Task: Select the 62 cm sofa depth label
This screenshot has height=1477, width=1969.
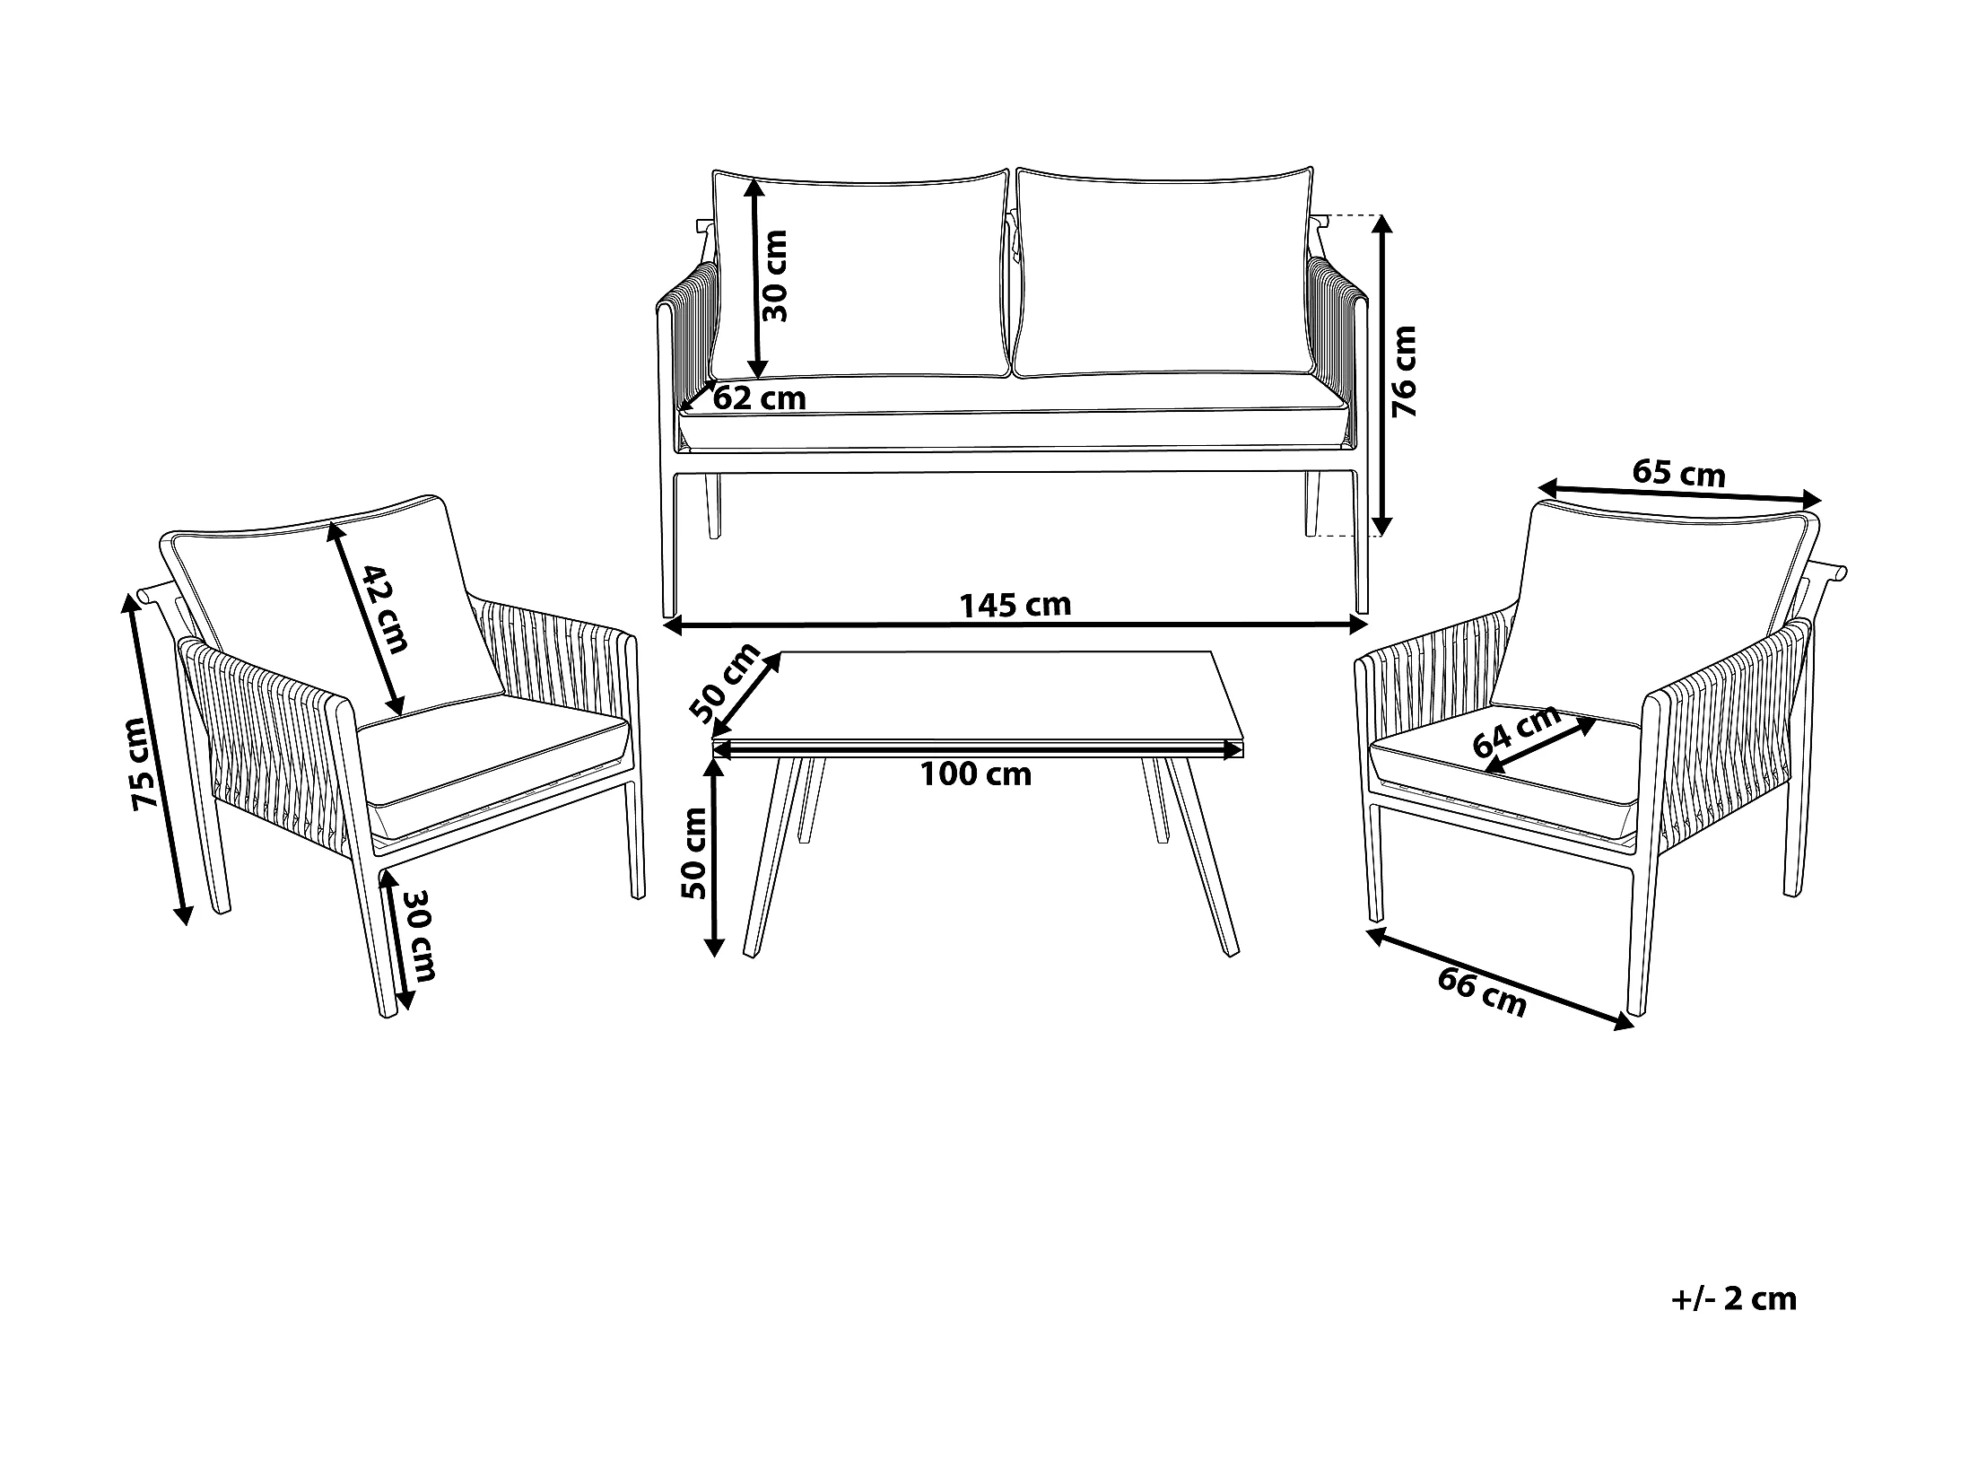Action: [759, 398]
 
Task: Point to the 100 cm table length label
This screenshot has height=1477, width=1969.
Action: [976, 774]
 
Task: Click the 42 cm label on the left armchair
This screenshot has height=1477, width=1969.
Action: [385, 609]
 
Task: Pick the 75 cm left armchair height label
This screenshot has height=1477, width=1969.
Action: [145, 765]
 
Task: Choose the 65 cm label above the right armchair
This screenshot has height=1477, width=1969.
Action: [1678, 473]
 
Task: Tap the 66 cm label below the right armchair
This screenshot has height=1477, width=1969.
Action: [1482, 994]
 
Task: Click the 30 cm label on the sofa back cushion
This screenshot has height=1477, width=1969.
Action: [773, 275]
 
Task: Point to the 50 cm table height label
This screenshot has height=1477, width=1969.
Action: [694, 852]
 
